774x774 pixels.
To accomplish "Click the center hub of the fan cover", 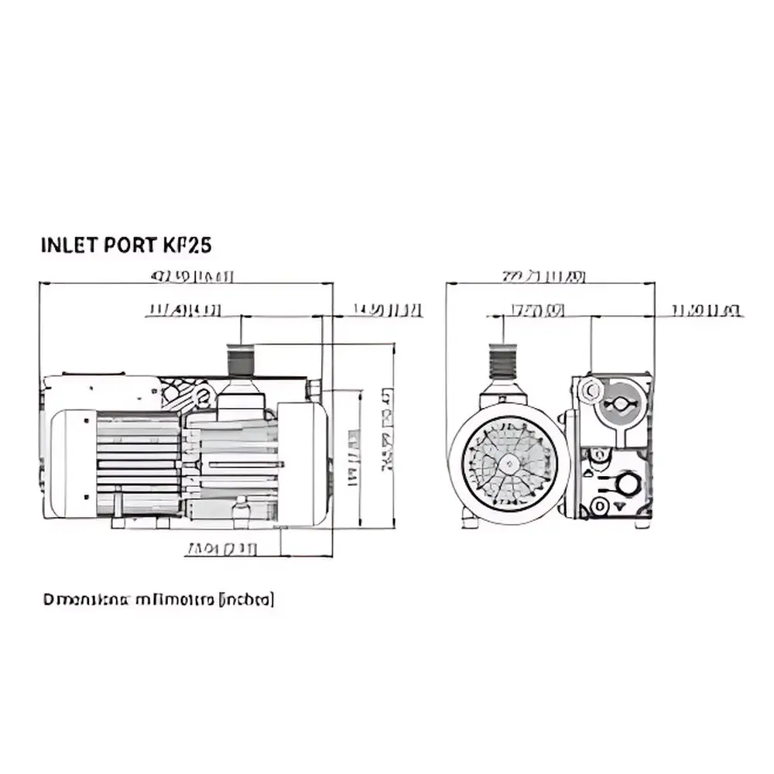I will coord(509,462).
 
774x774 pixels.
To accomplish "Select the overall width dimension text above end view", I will coord(543,276).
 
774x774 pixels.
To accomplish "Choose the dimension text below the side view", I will coord(221,550).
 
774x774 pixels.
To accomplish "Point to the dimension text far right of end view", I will coord(706,310).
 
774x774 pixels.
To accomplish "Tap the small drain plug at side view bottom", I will coord(241,512).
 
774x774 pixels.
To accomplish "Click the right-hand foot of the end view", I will coord(642,524).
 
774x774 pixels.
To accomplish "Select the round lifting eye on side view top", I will coord(203,398).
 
